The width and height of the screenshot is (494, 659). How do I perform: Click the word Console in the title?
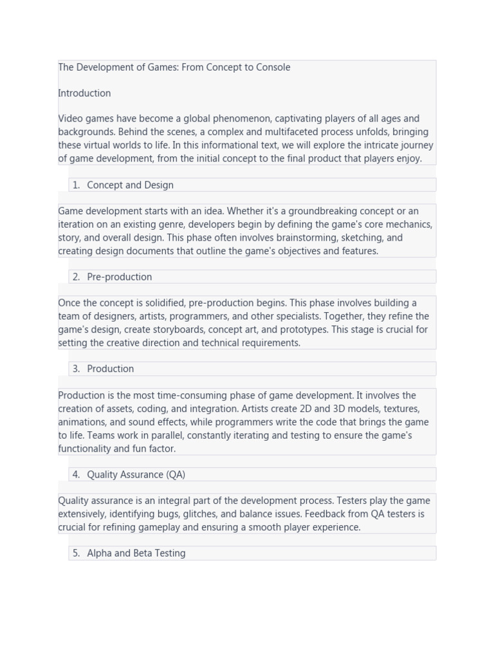273,67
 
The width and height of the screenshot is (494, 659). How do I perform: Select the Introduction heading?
84,93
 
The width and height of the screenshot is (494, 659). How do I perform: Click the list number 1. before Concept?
76,185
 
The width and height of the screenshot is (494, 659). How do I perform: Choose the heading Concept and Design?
130,185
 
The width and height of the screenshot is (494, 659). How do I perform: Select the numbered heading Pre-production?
120,277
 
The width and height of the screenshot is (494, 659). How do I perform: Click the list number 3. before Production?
76,369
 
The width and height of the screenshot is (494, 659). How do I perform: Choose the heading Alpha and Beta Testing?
136,553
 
